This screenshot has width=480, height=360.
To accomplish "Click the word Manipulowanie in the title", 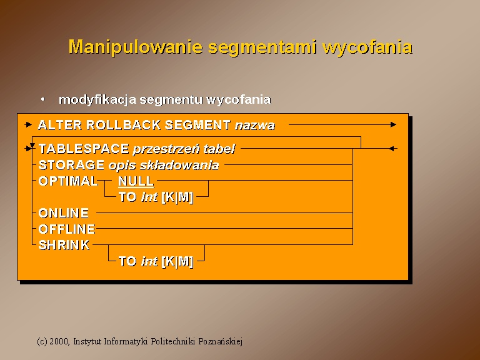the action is click(136, 47).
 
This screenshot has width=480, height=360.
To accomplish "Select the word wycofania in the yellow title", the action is click(367, 47).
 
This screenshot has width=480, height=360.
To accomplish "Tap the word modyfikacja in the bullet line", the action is click(97, 100).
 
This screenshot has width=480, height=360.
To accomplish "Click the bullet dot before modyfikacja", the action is click(43, 99).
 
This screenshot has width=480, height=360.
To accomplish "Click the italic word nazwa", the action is click(255, 126).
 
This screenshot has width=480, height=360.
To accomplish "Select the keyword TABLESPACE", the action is click(84, 149).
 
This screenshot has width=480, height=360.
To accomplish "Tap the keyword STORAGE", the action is click(71, 165).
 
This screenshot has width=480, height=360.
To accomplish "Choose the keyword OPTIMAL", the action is click(68, 181).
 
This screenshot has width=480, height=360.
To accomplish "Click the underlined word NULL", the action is click(136, 181).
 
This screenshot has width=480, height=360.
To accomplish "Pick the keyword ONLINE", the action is click(64, 213).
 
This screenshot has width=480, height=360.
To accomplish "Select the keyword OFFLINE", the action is click(67, 229).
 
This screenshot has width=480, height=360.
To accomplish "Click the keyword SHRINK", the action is click(64, 245).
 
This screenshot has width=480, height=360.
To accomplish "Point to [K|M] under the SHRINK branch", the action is click(177, 261).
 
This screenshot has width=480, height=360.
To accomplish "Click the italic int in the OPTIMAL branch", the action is click(149, 197).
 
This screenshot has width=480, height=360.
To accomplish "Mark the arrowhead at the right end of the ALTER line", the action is click(393, 124).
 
